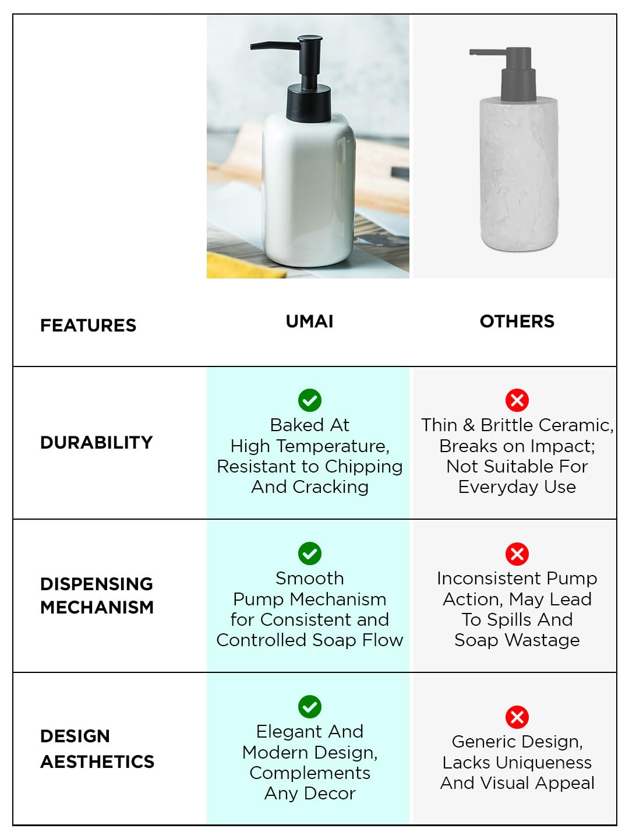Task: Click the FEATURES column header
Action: [88, 325]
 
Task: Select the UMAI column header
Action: [309, 321]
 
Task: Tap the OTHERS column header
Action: [517, 321]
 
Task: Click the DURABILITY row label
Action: [96, 442]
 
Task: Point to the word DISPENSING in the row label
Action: [96, 584]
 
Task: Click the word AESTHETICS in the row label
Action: [97, 762]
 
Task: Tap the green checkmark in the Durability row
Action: [310, 400]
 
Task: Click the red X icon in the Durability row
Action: [517, 400]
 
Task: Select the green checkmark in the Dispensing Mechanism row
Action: [310, 554]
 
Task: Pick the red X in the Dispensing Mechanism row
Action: [517, 554]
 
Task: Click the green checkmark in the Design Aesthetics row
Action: [310, 707]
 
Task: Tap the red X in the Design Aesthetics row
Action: [517, 717]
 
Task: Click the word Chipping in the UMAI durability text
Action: [363, 467]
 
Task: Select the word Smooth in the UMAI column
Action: [310, 579]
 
